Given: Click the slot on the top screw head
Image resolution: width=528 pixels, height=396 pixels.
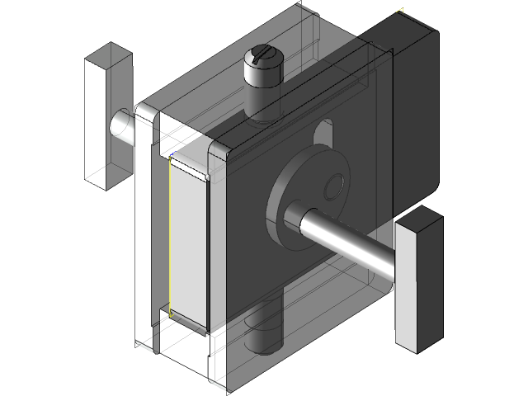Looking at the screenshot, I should pyautogui.click(x=262, y=55).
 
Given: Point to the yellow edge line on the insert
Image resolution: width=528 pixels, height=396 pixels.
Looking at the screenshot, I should pyautogui.click(x=168, y=239).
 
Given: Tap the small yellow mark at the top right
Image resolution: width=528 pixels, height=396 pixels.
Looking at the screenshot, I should pyautogui.click(x=401, y=12).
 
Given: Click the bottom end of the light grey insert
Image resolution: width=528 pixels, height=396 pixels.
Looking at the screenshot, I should pyautogui.click(x=188, y=323).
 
